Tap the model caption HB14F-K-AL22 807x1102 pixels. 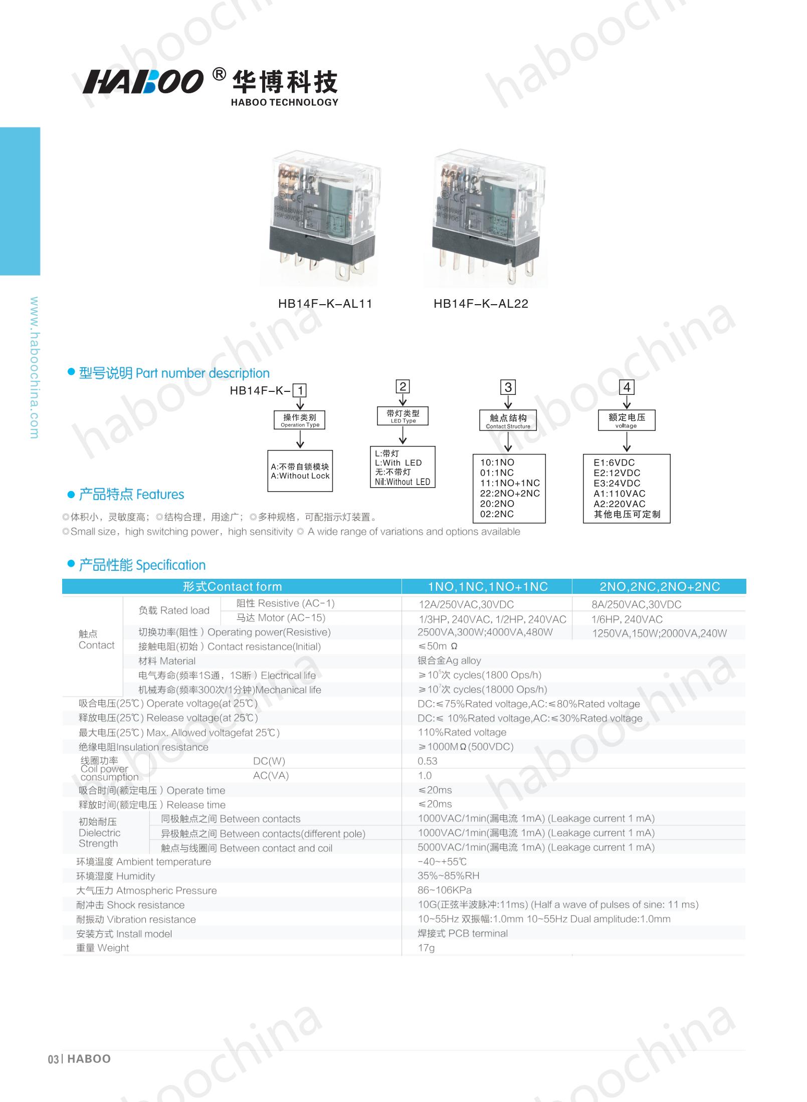(481, 304)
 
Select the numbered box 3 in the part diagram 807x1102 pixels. (508, 387)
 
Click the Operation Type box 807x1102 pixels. (300, 420)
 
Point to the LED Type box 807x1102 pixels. (403, 416)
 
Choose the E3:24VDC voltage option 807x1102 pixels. (617, 483)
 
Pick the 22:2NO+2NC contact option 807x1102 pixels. (510, 493)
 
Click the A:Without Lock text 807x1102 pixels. (300, 476)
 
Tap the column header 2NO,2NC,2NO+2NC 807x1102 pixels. (659, 587)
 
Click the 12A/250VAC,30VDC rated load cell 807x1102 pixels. (466, 604)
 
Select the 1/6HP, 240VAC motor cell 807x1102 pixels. (627, 619)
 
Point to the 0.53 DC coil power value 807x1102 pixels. (428, 761)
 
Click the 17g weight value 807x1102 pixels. (426, 948)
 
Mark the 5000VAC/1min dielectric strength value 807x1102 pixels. (536, 847)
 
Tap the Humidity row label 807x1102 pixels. (116, 876)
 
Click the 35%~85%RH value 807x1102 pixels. (448, 876)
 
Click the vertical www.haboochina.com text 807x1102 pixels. (34, 368)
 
